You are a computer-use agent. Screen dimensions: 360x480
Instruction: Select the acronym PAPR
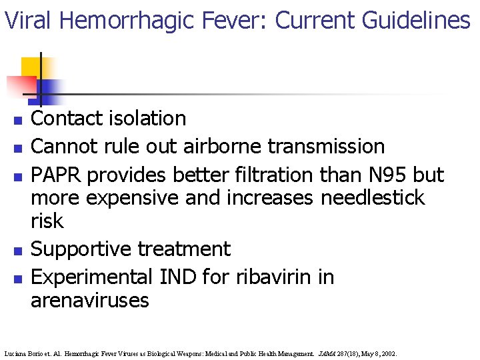tap(57, 175)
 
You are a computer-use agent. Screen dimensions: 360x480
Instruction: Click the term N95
tap(379, 175)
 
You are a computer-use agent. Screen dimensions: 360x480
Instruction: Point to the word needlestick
tap(373, 198)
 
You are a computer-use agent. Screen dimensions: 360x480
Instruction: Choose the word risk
tap(47, 221)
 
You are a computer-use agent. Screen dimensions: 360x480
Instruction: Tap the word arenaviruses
tap(90, 301)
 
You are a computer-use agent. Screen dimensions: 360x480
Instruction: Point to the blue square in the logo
tap(51, 89)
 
